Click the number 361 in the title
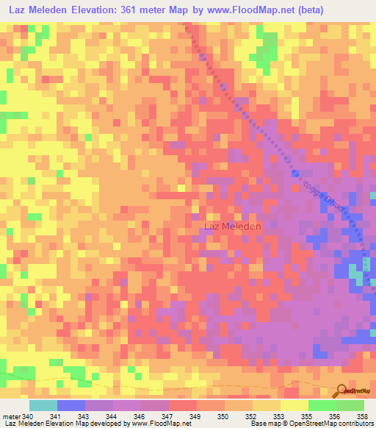click(132, 10)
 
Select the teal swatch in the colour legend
click(43, 405)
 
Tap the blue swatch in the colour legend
click(70, 405)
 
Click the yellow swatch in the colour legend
click(294, 405)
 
